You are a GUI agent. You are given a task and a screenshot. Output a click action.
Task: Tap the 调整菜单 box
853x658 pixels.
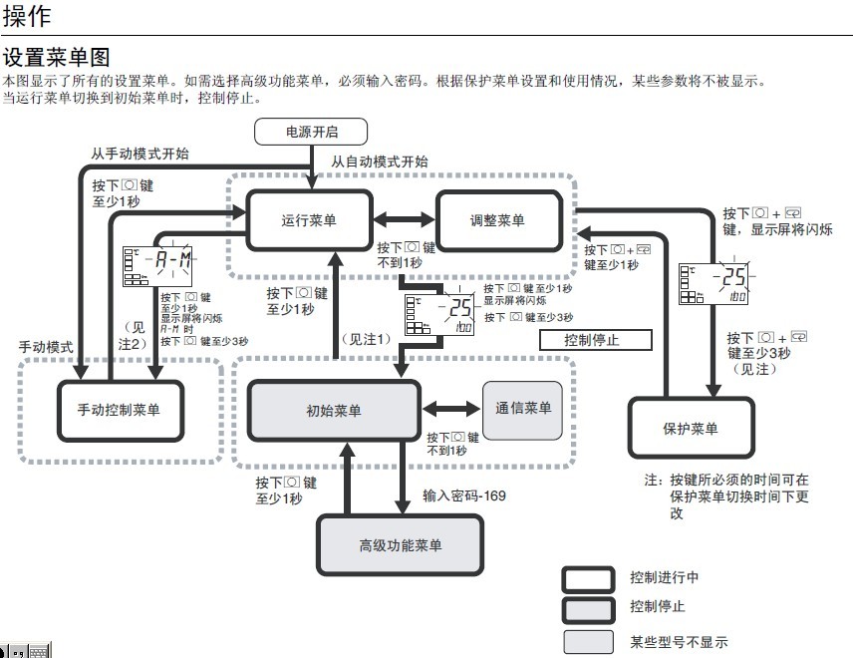tap(496, 220)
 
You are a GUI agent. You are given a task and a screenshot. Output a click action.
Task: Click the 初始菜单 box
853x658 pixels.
tap(334, 411)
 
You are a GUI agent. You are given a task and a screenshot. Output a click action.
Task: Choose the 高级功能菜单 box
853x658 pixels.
tap(401, 545)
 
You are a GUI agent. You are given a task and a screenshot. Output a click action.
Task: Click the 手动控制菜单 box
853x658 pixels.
tap(118, 411)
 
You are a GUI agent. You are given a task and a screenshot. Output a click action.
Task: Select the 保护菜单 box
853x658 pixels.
tap(690, 429)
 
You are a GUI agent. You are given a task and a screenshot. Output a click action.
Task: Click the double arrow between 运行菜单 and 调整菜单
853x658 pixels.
tap(404, 220)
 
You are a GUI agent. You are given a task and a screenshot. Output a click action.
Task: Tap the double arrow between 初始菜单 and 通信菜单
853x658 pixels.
tap(452, 408)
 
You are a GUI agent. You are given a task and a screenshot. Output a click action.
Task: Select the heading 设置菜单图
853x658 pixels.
tap(56, 56)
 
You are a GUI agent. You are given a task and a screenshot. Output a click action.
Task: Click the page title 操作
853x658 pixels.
tap(27, 16)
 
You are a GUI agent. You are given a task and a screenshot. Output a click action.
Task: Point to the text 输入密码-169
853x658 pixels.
tap(463, 494)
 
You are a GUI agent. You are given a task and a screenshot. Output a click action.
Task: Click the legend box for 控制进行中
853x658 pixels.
tap(588, 579)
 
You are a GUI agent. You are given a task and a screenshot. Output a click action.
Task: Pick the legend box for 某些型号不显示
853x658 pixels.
tap(588, 641)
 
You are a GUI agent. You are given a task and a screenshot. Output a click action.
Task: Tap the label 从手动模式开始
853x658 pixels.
tap(140, 155)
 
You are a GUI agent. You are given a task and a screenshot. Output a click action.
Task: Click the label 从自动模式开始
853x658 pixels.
tap(380, 161)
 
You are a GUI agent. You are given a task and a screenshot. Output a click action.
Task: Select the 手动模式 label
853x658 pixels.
tap(47, 347)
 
